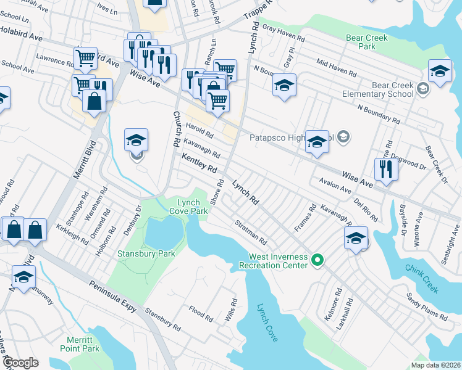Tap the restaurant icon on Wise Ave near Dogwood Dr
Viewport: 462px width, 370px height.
386,169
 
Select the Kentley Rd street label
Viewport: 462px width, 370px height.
199,163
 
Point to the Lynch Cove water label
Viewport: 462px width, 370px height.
267,322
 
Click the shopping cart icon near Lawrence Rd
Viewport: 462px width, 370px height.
85,59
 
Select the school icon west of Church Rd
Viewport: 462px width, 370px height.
136,140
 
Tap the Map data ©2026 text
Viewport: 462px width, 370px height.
436,365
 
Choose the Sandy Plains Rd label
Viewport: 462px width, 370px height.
426,306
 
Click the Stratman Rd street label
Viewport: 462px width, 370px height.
250,232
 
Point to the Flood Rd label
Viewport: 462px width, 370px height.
201,314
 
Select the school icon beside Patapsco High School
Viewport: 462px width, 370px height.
317,143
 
